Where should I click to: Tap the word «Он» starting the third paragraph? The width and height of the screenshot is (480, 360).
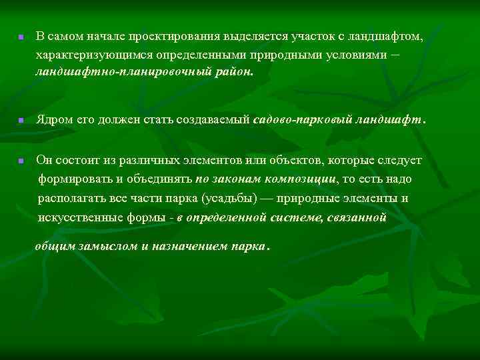[x=43, y=161]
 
